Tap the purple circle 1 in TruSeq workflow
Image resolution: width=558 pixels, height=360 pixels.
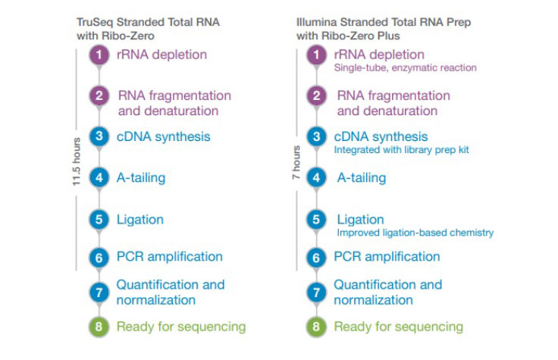point(99,55)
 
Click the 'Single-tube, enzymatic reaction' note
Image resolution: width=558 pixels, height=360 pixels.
point(405,68)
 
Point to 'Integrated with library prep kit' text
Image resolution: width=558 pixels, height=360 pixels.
point(402,150)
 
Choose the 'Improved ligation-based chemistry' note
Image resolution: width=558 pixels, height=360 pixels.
point(415,233)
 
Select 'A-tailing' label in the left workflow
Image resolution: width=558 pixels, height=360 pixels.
point(140,177)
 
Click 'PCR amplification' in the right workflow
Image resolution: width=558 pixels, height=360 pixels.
point(387,257)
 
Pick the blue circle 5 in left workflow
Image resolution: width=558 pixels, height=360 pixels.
point(99,221)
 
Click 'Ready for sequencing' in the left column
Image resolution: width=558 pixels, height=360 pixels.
point(180,327)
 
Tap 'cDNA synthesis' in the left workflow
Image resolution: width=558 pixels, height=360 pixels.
point(163,137)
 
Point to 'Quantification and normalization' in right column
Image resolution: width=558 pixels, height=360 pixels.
point(387,292)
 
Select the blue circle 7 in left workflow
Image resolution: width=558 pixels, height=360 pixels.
point(99,293)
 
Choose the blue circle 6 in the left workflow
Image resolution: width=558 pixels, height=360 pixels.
point(99,258)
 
